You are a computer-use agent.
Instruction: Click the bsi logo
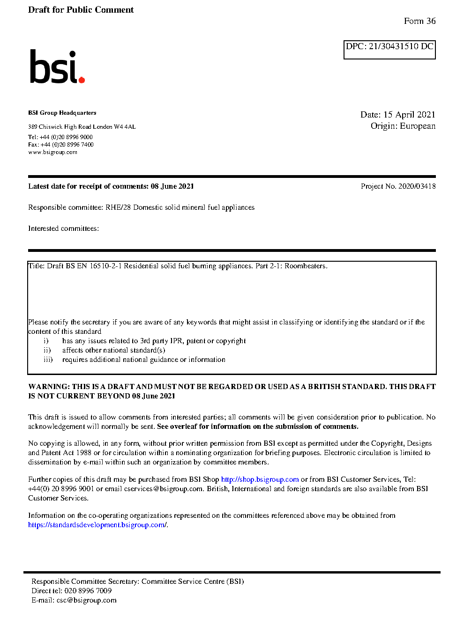[x=57, y=67]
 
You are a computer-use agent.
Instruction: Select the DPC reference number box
[x=389, y=50]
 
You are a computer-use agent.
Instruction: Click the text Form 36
[x=419, y=21]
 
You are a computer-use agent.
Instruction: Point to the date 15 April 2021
[x=409, y=115]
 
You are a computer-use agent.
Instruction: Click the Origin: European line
[x=403, y=126]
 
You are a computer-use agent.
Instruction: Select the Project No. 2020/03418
[x=398, y=186]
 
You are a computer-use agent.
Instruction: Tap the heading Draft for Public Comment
[x=81, y=10]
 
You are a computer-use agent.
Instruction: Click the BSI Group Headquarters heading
[x=62, y=113]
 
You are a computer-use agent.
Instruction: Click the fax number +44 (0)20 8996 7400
[x=67, y=145]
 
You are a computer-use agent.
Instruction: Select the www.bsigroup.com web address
[x=52, y=152]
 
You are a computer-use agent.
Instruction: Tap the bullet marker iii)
[x=48, y=360]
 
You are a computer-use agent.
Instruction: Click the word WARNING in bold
[x=49, y=387]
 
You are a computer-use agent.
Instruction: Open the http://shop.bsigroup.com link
[x=260, y=479]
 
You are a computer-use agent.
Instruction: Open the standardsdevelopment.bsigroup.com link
[x=97, y=525]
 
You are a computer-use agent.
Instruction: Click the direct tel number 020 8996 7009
[x=88, y=591]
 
